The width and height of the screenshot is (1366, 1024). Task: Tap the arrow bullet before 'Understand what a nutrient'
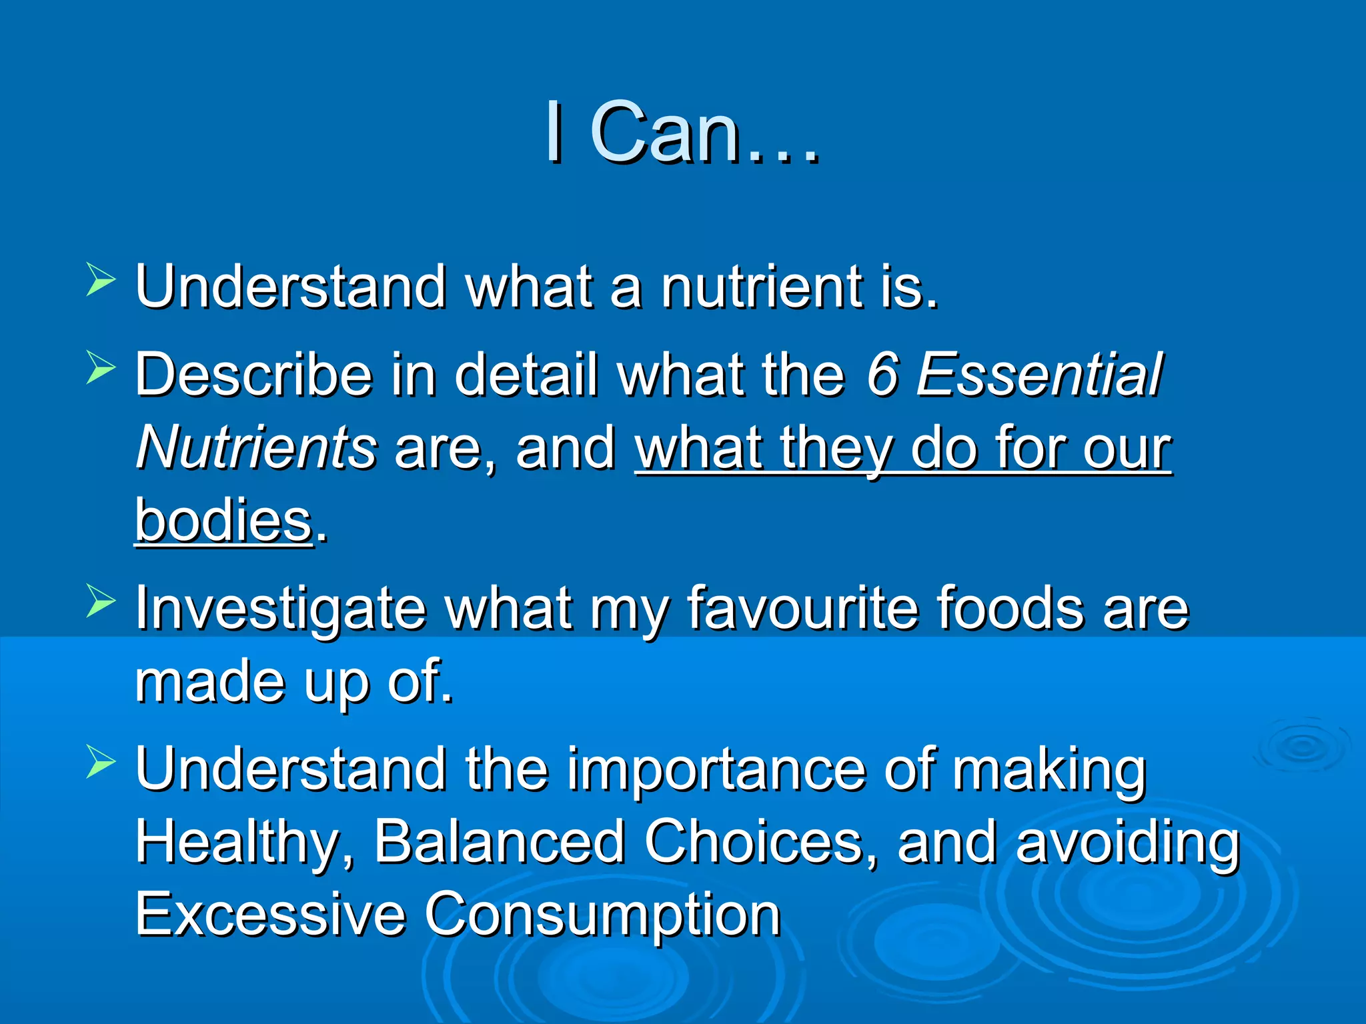pos(101,279)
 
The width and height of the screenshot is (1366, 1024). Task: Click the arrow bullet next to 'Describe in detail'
pos(101,368)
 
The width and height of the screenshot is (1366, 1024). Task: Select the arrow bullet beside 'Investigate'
pos(101,600)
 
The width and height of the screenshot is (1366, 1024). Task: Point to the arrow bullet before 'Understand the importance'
pos(101,762)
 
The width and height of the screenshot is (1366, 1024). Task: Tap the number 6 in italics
pos(882,375)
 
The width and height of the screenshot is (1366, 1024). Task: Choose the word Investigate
pos(280,609)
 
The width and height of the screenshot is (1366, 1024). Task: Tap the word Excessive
pos(270,914)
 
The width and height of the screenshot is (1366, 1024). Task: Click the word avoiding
pos(1127,843)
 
